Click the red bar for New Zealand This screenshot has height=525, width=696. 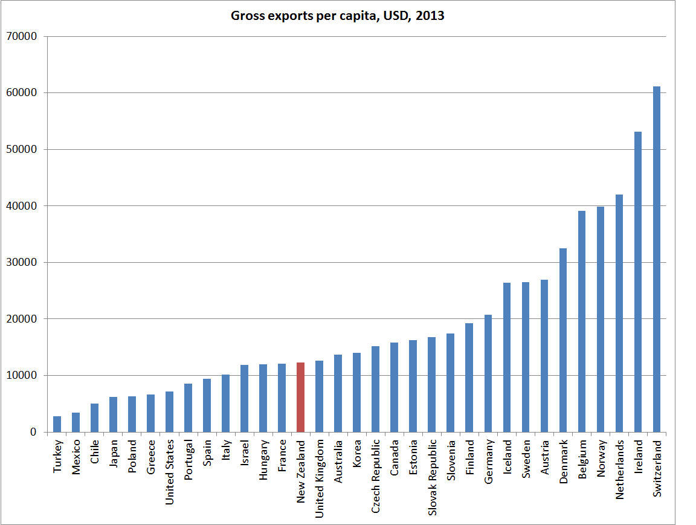(300, 397)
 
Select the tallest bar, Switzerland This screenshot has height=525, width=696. (657, 259)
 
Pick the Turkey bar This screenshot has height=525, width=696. (57, 424)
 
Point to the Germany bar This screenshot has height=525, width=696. (488, 373)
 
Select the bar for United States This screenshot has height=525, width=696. (169, 411)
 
